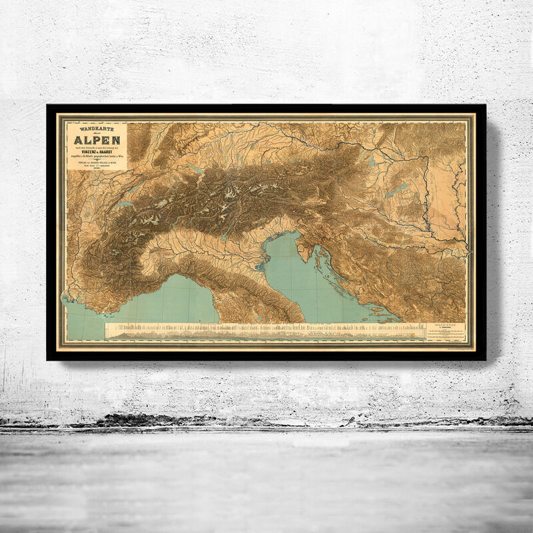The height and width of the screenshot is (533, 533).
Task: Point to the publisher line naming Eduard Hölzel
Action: (x=97, y=164)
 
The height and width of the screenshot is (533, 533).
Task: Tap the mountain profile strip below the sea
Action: (x=266, y=332)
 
